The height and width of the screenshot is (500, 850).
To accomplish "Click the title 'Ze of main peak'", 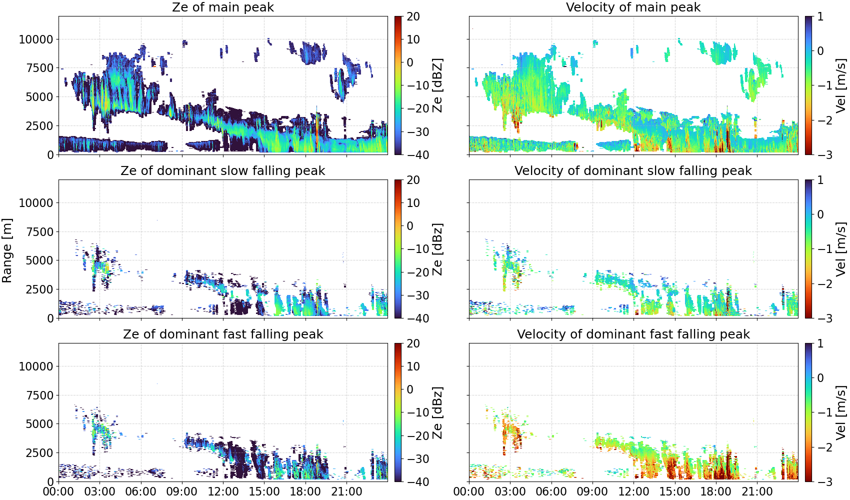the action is tap(222, 7).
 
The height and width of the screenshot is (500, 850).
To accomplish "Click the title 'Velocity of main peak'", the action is tap(633, 7).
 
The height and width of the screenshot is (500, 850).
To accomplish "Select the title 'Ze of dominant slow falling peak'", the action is tap(222, 170).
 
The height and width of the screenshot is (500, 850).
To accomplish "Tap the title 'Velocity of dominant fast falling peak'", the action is tap(633, 334).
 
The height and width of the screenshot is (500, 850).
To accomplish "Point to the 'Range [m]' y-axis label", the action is tap(7, 250).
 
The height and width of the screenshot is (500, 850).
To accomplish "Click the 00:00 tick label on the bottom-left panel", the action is tap(59, 491).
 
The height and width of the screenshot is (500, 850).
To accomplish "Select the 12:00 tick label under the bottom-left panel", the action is tap(223, 491).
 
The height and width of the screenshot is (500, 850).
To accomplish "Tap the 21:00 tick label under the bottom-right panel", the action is tap(757, 491).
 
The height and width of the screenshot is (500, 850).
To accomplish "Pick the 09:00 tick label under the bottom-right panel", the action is tap(592, 491).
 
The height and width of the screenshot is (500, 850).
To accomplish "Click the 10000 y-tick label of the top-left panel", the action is tap(36, 39).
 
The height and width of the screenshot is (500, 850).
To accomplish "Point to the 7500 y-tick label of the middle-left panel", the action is tap(39, 232).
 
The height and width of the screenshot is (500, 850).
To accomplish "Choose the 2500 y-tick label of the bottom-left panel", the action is tap(39, 453).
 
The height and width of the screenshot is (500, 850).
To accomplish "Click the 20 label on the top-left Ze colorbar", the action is tap(413, 16).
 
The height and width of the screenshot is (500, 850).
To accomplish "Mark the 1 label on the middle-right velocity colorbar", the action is tap(820, 180).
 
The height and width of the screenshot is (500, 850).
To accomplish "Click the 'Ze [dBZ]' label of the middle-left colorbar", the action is tap(438, 249).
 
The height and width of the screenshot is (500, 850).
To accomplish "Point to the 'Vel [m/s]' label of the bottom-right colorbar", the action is tap(841, 412).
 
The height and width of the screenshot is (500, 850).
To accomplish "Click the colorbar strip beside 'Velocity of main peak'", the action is tap(808, 85).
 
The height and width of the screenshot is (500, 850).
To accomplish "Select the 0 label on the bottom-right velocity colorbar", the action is tap(820, 378).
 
